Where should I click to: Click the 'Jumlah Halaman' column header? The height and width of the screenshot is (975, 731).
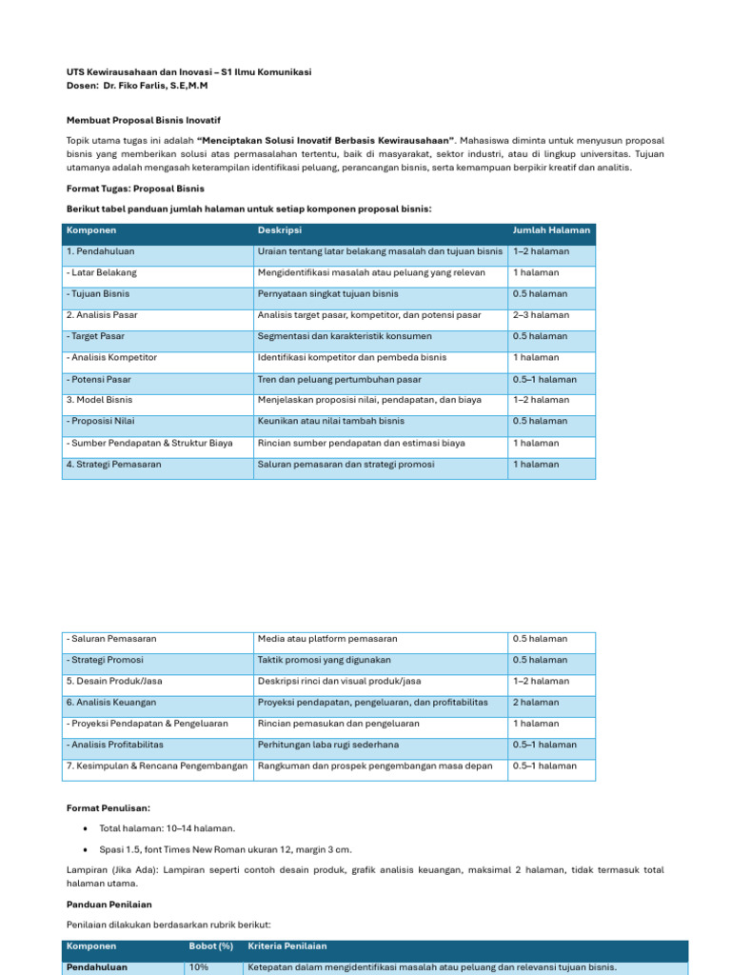(551, 230)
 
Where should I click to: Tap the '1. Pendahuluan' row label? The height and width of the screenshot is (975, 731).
(101, 251)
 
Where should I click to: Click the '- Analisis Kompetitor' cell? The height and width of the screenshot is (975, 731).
(111, 358)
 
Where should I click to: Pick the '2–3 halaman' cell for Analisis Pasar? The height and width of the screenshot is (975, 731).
(541, 315)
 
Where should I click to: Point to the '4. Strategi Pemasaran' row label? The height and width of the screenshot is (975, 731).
(113, 465)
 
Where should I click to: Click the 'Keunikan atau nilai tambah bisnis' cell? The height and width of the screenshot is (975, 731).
(330, 421)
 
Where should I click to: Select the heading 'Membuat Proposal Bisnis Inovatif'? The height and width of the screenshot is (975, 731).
(143, 120)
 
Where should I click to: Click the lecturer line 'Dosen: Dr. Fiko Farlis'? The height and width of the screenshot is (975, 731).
(137, 86)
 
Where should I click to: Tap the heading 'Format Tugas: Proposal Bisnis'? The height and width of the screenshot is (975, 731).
(135, 189)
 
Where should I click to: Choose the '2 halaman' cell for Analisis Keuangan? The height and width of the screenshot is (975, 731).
(535, 703)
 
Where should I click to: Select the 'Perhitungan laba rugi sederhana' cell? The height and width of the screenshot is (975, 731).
(328, 745)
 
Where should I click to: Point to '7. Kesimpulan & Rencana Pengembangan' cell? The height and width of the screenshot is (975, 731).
(157, 766)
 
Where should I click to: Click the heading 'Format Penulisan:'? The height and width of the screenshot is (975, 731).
(108, 807)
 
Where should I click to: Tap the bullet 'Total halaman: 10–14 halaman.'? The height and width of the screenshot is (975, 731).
(167, 829)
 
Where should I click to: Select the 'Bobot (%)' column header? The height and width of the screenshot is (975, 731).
(210, 946)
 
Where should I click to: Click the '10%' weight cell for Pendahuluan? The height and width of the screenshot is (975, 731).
(199, 967)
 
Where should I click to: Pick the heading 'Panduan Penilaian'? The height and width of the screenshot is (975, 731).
(109, 905)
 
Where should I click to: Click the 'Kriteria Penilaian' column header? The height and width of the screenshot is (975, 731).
(286, 946)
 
